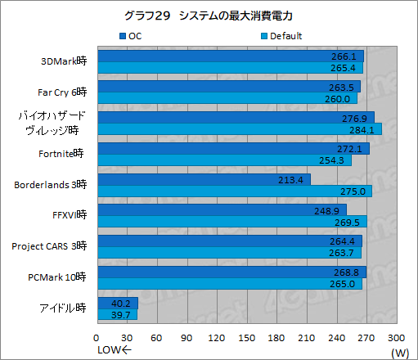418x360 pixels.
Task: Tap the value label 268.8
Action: point(351,272)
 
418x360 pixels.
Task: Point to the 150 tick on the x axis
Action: point(246,337)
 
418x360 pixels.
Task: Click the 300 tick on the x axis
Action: point(395,337)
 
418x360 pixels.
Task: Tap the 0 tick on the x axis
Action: point(97,337)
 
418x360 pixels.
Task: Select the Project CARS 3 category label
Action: point(49,246)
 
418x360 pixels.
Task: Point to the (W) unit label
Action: point(399,352)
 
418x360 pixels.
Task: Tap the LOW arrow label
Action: point(115,352)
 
